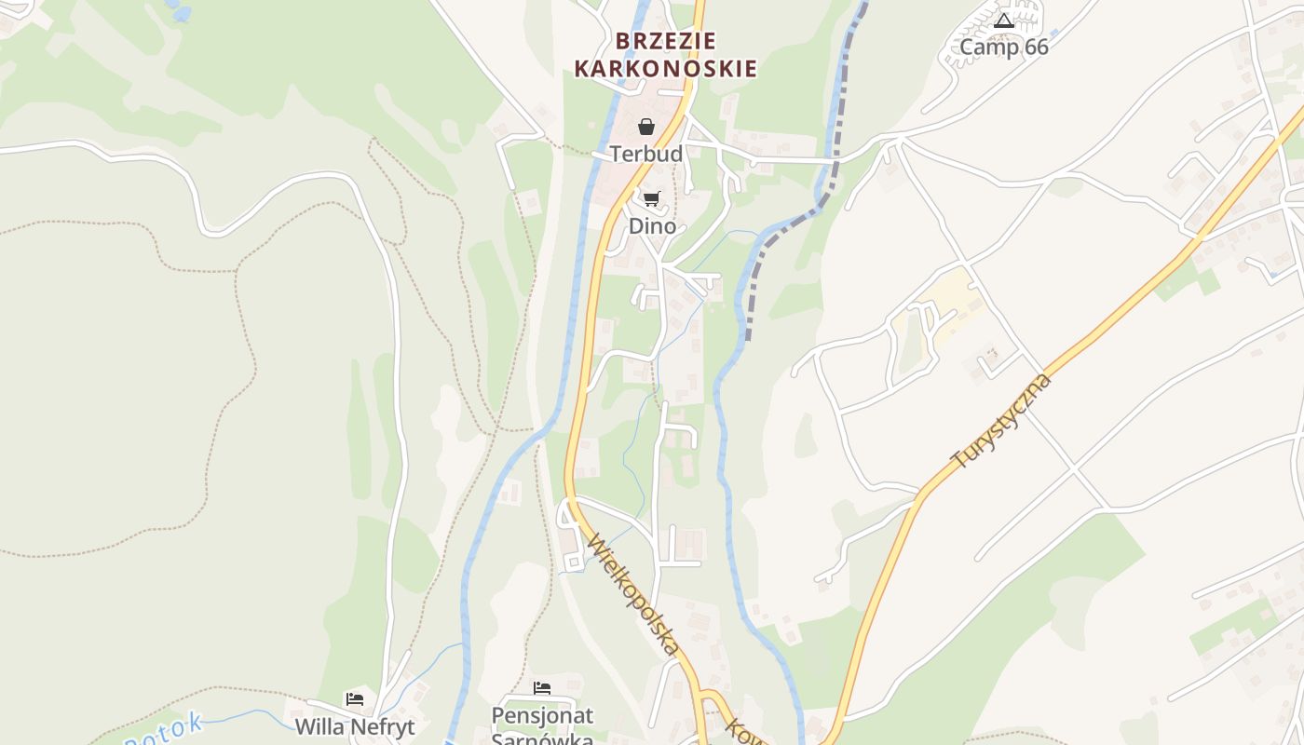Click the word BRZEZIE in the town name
[665, 41]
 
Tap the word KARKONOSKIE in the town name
[665, 69]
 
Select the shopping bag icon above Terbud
[646, 127]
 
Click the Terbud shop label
[646, 154]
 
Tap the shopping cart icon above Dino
[652, 198]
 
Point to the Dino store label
[652, 226]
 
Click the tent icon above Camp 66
[1003, 20]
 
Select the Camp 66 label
[1003, 47]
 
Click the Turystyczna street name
[1001, 422]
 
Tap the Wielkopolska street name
[632, 596]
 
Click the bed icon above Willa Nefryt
[355, 699]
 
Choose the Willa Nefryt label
[355, 726]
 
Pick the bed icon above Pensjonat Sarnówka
[542, 689]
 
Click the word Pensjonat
[542, 716]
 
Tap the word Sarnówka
[542, 738]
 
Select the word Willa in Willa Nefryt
[319, 726]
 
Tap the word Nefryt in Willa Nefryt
[380, 726]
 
